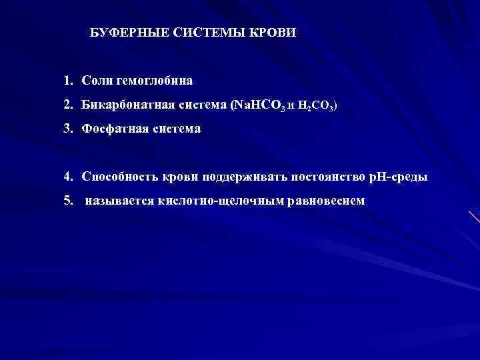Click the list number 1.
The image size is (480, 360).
(x=68, y=81)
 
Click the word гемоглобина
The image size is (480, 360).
(x=154, y=81)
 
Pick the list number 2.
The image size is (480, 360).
(x=68, y=105)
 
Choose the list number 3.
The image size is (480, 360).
(x=68, y=128)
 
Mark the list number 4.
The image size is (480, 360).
(x=68, y=177)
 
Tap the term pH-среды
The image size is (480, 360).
(x=397, y=177)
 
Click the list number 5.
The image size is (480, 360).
(x=68, y=200)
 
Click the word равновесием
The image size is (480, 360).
(x=326, y=200)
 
